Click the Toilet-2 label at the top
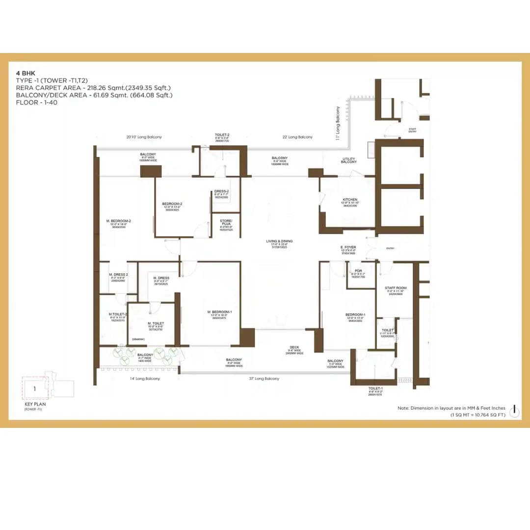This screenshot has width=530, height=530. click(222, 135)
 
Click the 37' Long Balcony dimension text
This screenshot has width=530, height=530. click(267, 378)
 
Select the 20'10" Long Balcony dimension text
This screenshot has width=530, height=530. click(144, 137)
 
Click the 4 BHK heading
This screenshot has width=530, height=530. click(24, 72)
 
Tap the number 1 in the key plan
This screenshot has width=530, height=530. click(35, 389)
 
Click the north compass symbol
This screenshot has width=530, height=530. click(514, 410)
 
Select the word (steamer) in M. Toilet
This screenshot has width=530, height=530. click(138, 339)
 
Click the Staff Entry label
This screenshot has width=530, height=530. click(412, 130)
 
